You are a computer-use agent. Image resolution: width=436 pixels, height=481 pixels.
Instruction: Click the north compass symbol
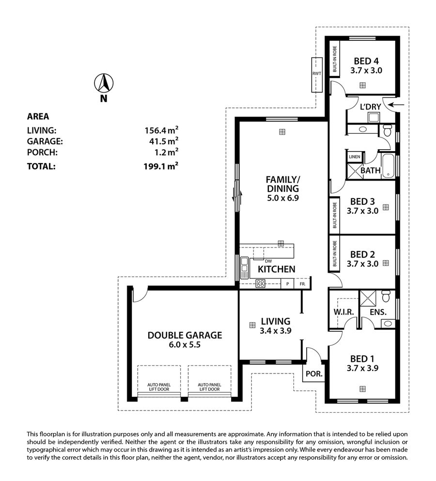104,83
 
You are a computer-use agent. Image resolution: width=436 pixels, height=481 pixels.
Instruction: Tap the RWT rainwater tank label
317,73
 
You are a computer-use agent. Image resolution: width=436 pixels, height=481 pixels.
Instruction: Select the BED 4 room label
366,61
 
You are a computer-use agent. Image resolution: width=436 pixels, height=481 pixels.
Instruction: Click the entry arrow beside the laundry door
398,105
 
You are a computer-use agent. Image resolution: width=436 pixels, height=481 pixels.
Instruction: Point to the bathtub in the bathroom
389,166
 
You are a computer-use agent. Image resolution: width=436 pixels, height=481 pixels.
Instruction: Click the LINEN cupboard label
355,157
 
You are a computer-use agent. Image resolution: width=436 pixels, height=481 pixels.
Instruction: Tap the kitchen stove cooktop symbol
261,283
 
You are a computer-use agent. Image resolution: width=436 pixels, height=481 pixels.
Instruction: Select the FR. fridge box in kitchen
302,284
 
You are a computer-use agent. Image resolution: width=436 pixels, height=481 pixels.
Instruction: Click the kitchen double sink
244,268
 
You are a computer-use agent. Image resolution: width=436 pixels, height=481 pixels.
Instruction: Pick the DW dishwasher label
268,261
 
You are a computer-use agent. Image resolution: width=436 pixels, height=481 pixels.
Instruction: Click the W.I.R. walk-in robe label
343,312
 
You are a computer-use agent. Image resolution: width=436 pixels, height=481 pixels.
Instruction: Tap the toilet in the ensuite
386,296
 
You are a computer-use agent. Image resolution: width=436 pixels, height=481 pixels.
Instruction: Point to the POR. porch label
314,374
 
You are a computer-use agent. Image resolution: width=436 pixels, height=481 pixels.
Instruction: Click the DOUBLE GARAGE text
185,335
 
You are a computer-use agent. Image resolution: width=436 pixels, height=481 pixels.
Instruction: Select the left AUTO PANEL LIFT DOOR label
159,387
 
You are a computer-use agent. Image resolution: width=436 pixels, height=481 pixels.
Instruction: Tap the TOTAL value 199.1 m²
161,166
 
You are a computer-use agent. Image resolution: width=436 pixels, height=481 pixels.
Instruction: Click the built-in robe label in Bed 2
334,254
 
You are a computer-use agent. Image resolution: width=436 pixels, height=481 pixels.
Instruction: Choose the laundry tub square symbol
374,118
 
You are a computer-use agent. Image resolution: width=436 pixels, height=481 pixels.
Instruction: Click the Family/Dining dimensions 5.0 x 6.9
282,198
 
